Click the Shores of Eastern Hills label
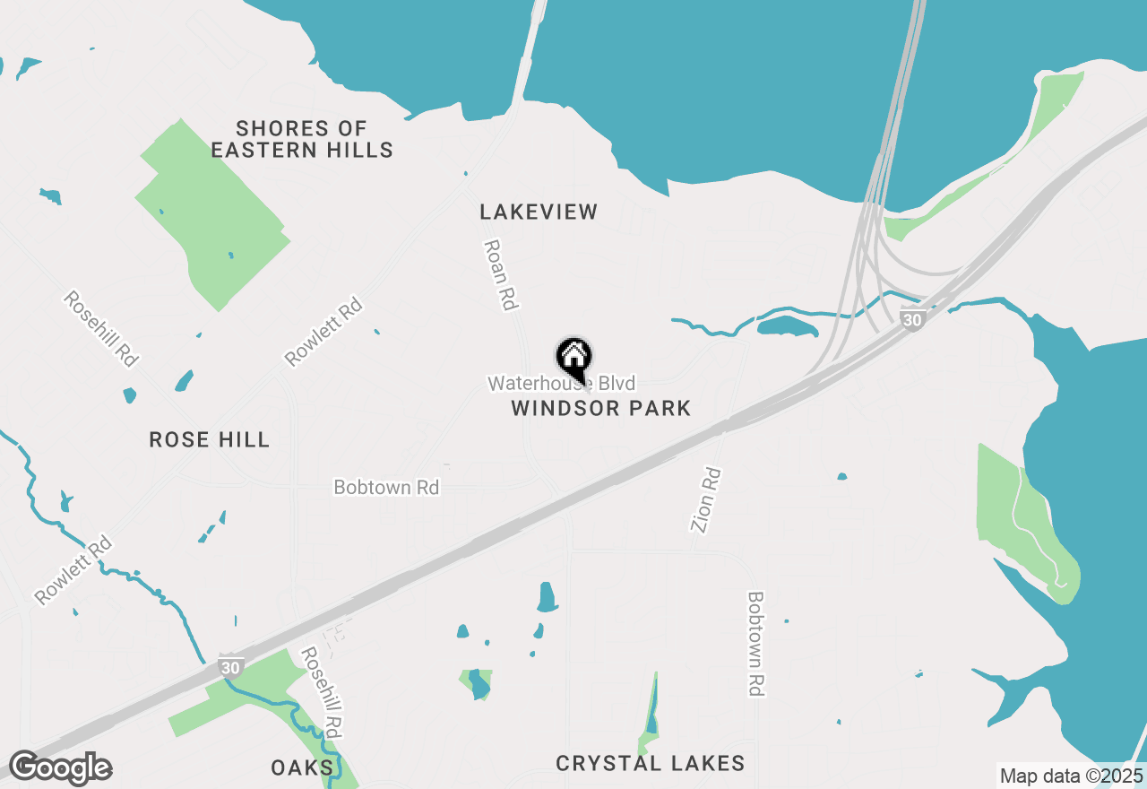(x=302, y=139)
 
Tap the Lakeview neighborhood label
(x=538, y=212)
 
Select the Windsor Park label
(x=600, y=409)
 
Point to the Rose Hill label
(x=209, y=439)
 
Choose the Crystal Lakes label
(x=650, y=764)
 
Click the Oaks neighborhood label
(x=302, y=767)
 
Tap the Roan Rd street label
(x=501, y=274)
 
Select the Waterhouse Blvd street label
(x=561, y=384)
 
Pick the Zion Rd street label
(x=705, y=499)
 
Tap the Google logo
(x=60, y=767)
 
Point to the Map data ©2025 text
(x=1070, y=776)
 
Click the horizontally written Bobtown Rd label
(x=386, y=488)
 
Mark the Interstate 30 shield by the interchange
(x=911, y=320)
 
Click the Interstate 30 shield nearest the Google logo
(x=230, y=668)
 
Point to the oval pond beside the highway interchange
(x=787, y=326)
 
